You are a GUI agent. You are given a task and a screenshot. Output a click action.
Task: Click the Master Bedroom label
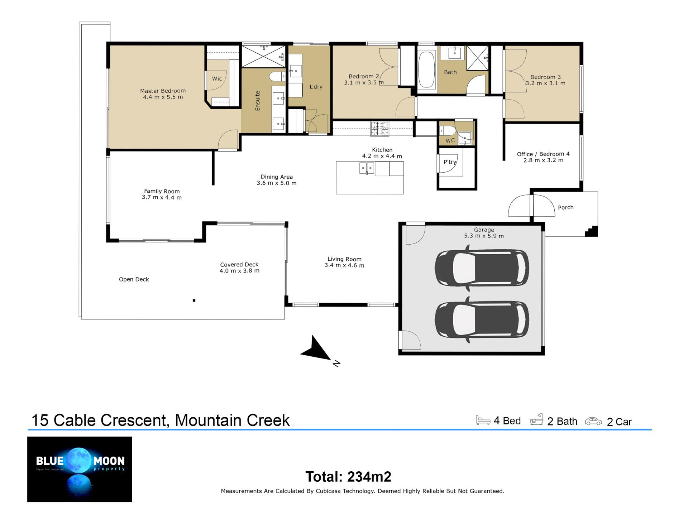(163, 91)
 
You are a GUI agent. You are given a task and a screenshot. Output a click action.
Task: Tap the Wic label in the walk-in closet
(217, 79)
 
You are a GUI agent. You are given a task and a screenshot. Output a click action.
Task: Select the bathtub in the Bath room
(426, 69)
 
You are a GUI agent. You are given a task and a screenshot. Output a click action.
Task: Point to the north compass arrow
(316, 348)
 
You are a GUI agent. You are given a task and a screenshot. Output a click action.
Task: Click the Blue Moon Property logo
(80, 469)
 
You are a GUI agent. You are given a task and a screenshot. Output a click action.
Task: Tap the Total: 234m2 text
(348, 477)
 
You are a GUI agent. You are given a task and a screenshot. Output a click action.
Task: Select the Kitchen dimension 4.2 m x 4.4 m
(382, 156)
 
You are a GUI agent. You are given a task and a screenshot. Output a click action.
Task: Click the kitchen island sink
(367, 168)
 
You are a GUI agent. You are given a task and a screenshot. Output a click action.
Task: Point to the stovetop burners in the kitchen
(379, 129)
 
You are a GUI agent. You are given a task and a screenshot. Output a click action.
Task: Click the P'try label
(450, 162)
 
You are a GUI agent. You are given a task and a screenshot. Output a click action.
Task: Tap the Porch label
(565, 207)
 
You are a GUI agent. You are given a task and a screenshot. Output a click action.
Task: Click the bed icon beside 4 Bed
(483, 420)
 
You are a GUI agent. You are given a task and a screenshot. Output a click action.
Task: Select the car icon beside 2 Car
(593, 421)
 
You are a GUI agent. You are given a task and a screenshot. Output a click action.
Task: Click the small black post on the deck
(194, 300)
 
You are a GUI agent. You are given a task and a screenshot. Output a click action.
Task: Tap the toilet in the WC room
(447, 130)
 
